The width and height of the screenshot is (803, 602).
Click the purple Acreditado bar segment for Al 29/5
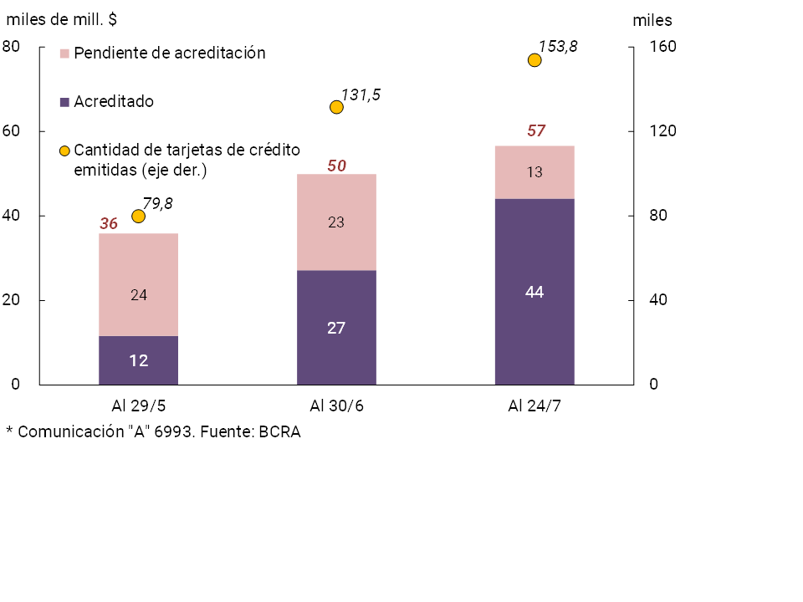tap(138, 360)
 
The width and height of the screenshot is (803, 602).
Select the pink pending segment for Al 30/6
tap(336, 222)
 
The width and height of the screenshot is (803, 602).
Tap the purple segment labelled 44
tap(534, 292)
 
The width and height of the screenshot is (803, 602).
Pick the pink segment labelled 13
tap(534, 172)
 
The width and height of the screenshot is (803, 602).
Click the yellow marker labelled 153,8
tap(534, 59)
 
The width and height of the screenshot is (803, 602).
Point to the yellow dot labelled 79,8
tap(139, 217)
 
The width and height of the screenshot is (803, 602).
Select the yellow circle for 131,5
tap(336, 107)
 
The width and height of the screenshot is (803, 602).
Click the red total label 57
tap(535, 130)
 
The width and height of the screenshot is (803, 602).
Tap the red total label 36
tap(109, 223)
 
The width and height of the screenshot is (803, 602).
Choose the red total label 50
tap(336, 166)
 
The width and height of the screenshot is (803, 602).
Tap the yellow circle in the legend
tap(64, 151)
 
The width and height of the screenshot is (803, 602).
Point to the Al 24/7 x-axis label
tap(534, 406)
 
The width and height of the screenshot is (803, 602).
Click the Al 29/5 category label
tap(138, 406)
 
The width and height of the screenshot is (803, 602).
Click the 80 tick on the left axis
tap(12, 47)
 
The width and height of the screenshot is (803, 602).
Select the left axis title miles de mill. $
tap(61, 20)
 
